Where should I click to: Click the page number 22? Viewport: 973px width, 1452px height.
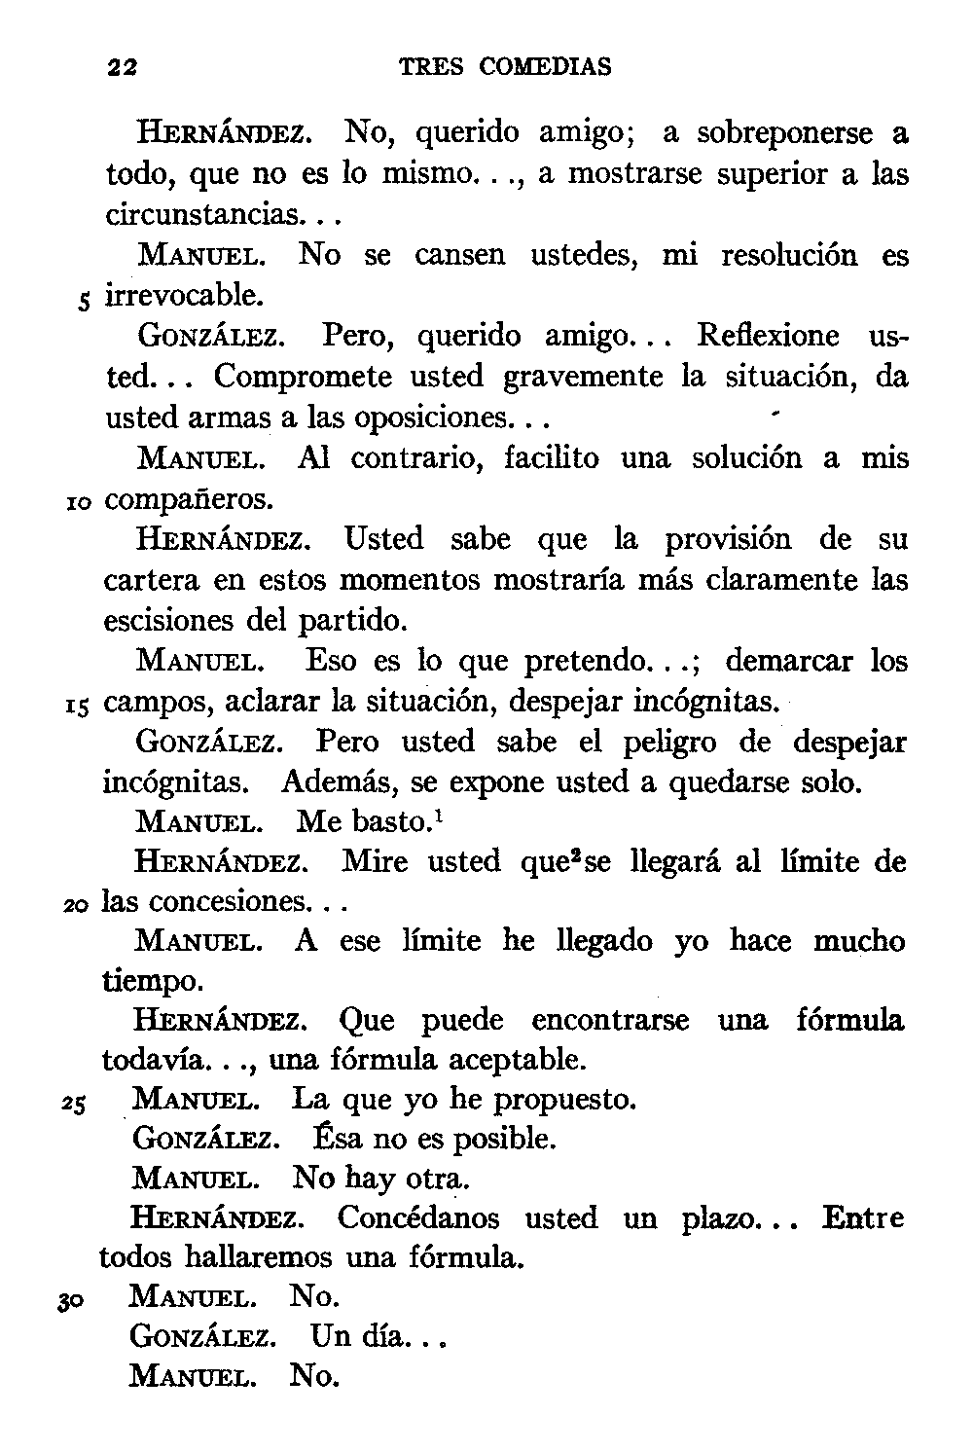123,67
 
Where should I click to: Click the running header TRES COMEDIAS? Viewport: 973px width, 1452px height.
506,67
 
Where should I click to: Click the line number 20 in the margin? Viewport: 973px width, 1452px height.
77,905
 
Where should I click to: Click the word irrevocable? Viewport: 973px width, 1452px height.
183,294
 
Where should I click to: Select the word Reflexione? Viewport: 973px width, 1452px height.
768,336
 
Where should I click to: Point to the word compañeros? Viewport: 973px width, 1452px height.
189,500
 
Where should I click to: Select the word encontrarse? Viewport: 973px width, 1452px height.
610,1021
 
